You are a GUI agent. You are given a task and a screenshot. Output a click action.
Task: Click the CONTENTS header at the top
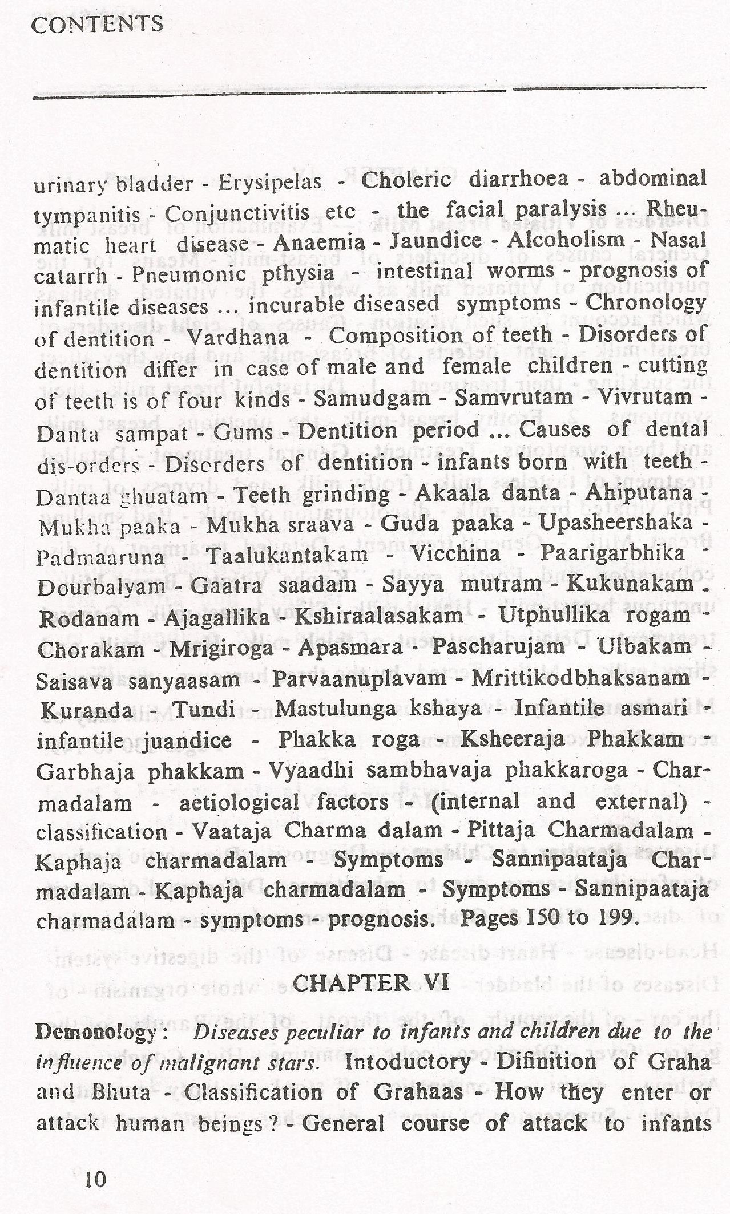pos(96,24)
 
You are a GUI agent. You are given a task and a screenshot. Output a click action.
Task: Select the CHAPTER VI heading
pos(370,982)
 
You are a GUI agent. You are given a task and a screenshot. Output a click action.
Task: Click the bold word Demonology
pos(95,1031)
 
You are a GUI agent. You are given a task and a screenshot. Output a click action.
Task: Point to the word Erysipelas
pos(269,183)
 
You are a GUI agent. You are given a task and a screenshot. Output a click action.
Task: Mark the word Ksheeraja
pos(512,739)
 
